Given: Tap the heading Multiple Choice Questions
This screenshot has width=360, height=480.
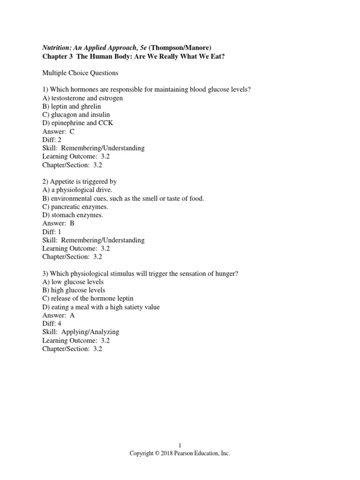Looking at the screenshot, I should coord(80,73).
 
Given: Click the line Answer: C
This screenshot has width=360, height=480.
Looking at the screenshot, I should coord(59,132).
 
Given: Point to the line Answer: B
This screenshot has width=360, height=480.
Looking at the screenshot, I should coord(59,224).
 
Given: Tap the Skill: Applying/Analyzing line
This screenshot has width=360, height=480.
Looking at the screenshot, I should coord(81,332).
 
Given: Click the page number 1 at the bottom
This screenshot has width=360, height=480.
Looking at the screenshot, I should coord(180,445).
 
